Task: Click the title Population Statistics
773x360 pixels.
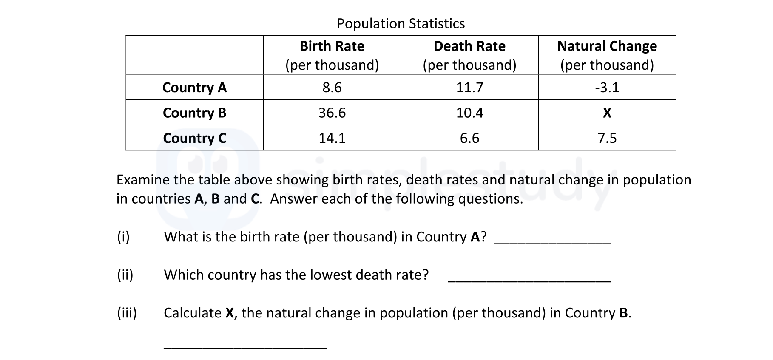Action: tap(401, 23)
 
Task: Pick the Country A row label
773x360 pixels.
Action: tap(194, 88)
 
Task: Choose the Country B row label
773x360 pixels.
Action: tap(194, 113)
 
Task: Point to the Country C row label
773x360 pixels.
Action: tap(194, 138)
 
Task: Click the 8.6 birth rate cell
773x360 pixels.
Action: tap(332, 88)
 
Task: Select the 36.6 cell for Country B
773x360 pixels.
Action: tap(332, 113)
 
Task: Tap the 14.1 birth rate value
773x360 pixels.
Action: tap(332, 138)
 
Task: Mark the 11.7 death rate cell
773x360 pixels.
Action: tap(469, 88)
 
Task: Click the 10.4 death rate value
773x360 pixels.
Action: tap(469, 113)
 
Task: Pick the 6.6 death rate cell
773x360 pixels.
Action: tap(469, 138)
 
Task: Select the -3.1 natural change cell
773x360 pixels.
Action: tap(607, 88)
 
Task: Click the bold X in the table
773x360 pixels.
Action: tap(607, 113)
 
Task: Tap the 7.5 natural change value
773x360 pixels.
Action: tap(607, 138)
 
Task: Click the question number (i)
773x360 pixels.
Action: tap(123, 237)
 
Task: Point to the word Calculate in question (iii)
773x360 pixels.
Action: tap(192, 313)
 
